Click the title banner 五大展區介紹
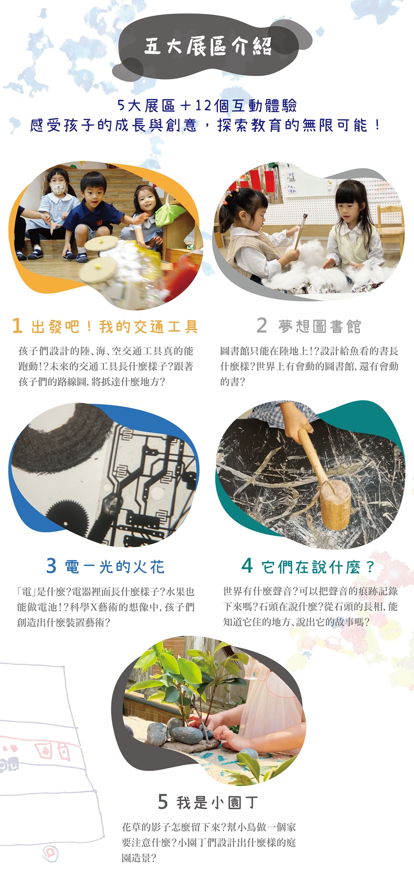click(208, 46)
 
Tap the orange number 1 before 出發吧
click(17, 326)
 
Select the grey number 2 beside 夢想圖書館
click(262, 325)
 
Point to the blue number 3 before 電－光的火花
click(52, 565)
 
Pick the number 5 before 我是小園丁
click(163, 801)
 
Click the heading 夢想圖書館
click(320, 326)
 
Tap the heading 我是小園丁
click(217, 803)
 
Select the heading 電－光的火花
click(115, 567)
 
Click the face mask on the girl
click(58, 189)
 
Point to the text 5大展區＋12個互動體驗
click(207, 105)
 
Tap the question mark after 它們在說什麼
click(370, 567)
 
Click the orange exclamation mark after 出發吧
click(90, 326)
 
